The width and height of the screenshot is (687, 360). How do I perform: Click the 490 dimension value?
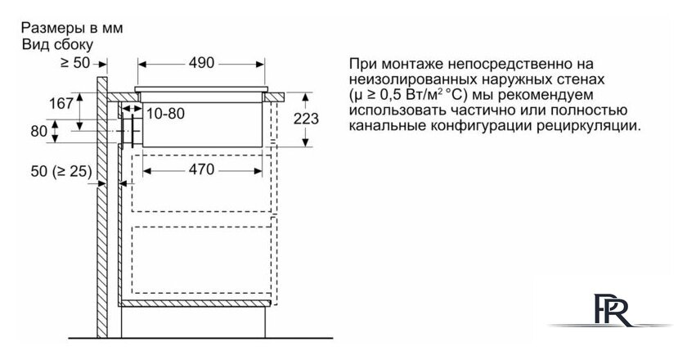[201, 63]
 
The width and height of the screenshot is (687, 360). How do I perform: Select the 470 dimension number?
[201, 169]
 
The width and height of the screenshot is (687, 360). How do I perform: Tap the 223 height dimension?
[306, 119]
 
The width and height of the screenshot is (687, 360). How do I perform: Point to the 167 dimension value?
[61, 103]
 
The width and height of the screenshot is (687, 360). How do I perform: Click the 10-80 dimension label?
[165, 114]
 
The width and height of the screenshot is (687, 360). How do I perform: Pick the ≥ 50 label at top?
[75, 63]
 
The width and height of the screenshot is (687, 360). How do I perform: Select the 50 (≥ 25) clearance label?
[61, 172]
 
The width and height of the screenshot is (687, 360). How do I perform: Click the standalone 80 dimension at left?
[39, 131]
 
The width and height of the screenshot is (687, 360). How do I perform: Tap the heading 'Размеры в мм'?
[72, 28]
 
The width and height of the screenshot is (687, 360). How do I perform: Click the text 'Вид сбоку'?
[57, 45]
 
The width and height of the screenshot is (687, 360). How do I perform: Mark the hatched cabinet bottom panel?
[195, 304]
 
